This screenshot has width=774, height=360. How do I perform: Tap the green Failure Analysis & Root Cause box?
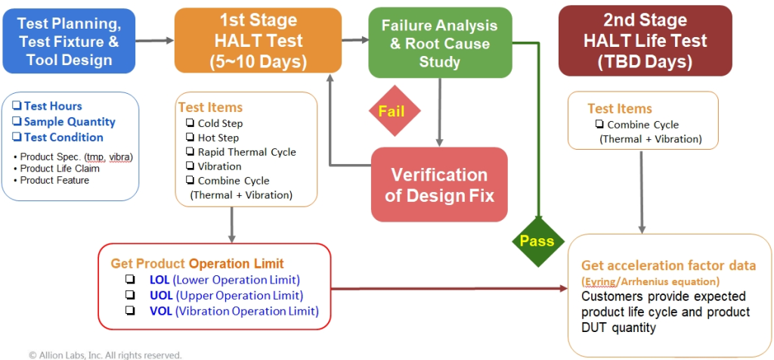[439, 42]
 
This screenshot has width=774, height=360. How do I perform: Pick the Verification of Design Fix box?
[439, 185]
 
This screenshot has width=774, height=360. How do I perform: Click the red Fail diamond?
[392, 111]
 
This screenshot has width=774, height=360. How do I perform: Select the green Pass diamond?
[536, 241]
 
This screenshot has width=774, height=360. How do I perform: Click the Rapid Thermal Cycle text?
[246, 152]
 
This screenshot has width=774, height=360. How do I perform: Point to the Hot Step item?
[218, 138]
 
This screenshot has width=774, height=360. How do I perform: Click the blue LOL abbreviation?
[159, 281]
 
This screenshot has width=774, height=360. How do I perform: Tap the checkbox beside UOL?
[130, 296]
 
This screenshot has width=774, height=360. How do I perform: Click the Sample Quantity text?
[70, 122]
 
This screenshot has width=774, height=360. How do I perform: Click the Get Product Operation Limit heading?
[197, 263]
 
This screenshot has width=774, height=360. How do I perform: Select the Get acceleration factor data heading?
[668, 265]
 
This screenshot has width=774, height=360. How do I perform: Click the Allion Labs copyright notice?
[105, 354]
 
